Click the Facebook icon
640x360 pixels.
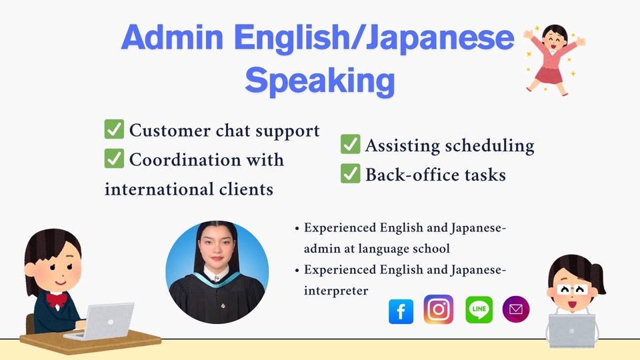[x=401, y=311]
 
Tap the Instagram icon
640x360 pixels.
[x=439, y=309]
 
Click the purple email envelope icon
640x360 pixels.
[x=516, y=309]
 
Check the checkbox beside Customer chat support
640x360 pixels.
[x=114, y=129]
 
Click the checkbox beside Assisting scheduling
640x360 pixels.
[x=350, y=144]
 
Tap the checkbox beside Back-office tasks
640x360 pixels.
[x=350, y=173]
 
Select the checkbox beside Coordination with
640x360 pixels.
[x=114, y=159]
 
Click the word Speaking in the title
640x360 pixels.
[x=320, y=81]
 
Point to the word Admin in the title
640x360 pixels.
[x=172, y=37]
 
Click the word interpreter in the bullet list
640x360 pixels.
[x=336, y=291]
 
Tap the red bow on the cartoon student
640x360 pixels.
[x=56, y=300]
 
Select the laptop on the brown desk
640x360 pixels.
[x=100, y=321]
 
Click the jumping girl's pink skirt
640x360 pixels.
[x=549, y=75]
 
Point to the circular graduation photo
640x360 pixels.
[x=217, y=272]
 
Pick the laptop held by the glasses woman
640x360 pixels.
[x=572, y=331]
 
